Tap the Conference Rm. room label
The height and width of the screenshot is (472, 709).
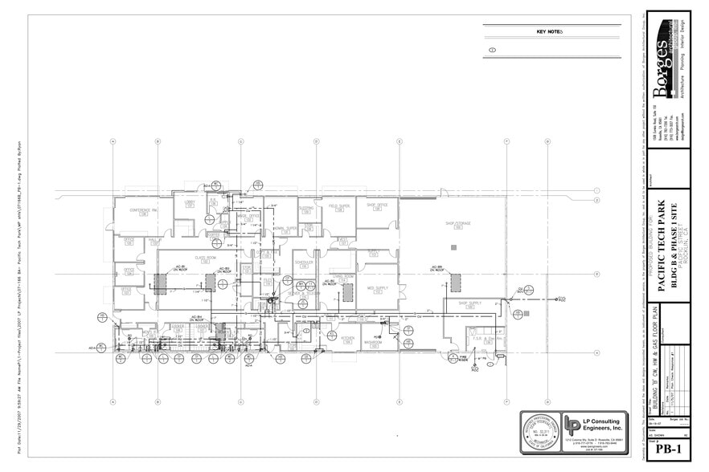[x=142, y=212]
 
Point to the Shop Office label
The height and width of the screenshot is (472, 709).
[x=377, y=206]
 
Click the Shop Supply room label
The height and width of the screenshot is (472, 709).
[x=469, y=304]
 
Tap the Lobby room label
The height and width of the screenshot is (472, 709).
[x=191, y=203]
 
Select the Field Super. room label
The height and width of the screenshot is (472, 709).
[x=339, y=207]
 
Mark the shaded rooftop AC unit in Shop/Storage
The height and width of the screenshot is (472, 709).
[x=455, y=283]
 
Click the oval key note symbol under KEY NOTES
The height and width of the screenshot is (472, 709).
[x=492, y=50]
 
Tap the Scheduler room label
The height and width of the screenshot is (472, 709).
[x=304, y=263]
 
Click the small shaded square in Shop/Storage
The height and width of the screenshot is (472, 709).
[x=454, y=248]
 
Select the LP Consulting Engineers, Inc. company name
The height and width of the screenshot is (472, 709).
[x=604, y=425]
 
